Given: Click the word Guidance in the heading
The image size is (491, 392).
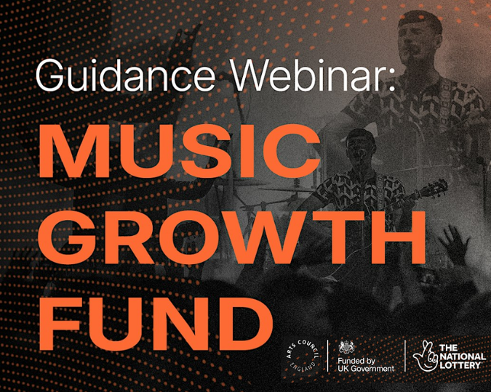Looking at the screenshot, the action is [x=126, y=75].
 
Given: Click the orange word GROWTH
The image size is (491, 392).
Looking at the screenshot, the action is [x=232, y=237].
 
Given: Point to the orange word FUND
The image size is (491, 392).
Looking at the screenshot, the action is [x=156, y=324].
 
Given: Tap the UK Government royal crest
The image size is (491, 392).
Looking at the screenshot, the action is [x=347, y=347].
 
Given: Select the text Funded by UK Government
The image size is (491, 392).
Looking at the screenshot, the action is [x=366, y=365].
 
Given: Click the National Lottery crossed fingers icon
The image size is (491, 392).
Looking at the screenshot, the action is [x=426, y=356].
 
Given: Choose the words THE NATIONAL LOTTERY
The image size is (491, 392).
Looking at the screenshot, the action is [x=463, y=356].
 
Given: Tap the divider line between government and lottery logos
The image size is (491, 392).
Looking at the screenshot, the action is [x=405, y=356].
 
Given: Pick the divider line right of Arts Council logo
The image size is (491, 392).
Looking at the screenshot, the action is [x=327, y=356].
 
